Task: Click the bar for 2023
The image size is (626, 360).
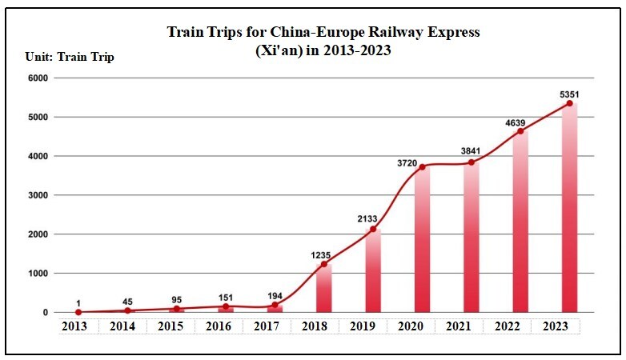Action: pyautogui.click(x=569, y=208)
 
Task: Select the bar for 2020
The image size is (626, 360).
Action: pyautogui.click(x=422, y=240)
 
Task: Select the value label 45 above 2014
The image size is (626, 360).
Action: pyautogui.click(x=127, y=302)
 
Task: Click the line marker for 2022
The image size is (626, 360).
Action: pyautogui.click(x=520, y=131)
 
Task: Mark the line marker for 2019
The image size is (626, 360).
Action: pyautogui.click(x=373, y=229)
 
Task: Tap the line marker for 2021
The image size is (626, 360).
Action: pyautogui.click(x=471, y=162)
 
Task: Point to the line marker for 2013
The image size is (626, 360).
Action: pyautogui.click(x=78, y=312)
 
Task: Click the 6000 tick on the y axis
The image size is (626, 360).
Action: pyautogui.click(x=39, y=78)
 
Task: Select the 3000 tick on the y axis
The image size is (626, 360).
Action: pyautogui.click(x=39, y=195)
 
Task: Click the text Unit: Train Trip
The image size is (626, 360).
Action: pyautogui.click(x=70, y=57)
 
